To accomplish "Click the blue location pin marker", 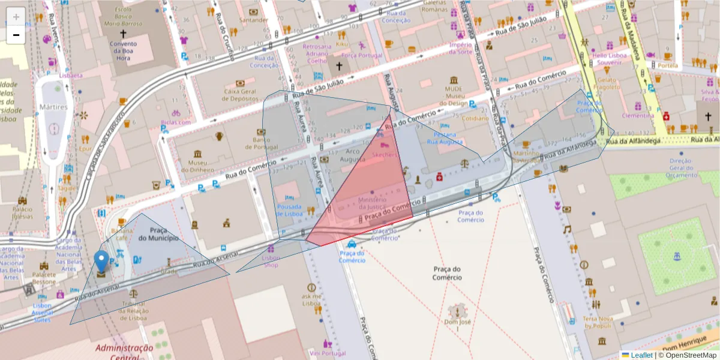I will [x=101, y=262].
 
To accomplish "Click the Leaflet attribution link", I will [x=641, y=355].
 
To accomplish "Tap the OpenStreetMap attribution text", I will [x=689, y=355].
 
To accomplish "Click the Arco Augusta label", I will [x=353, y=155].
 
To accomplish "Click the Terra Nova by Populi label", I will [x=597, y=322].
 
